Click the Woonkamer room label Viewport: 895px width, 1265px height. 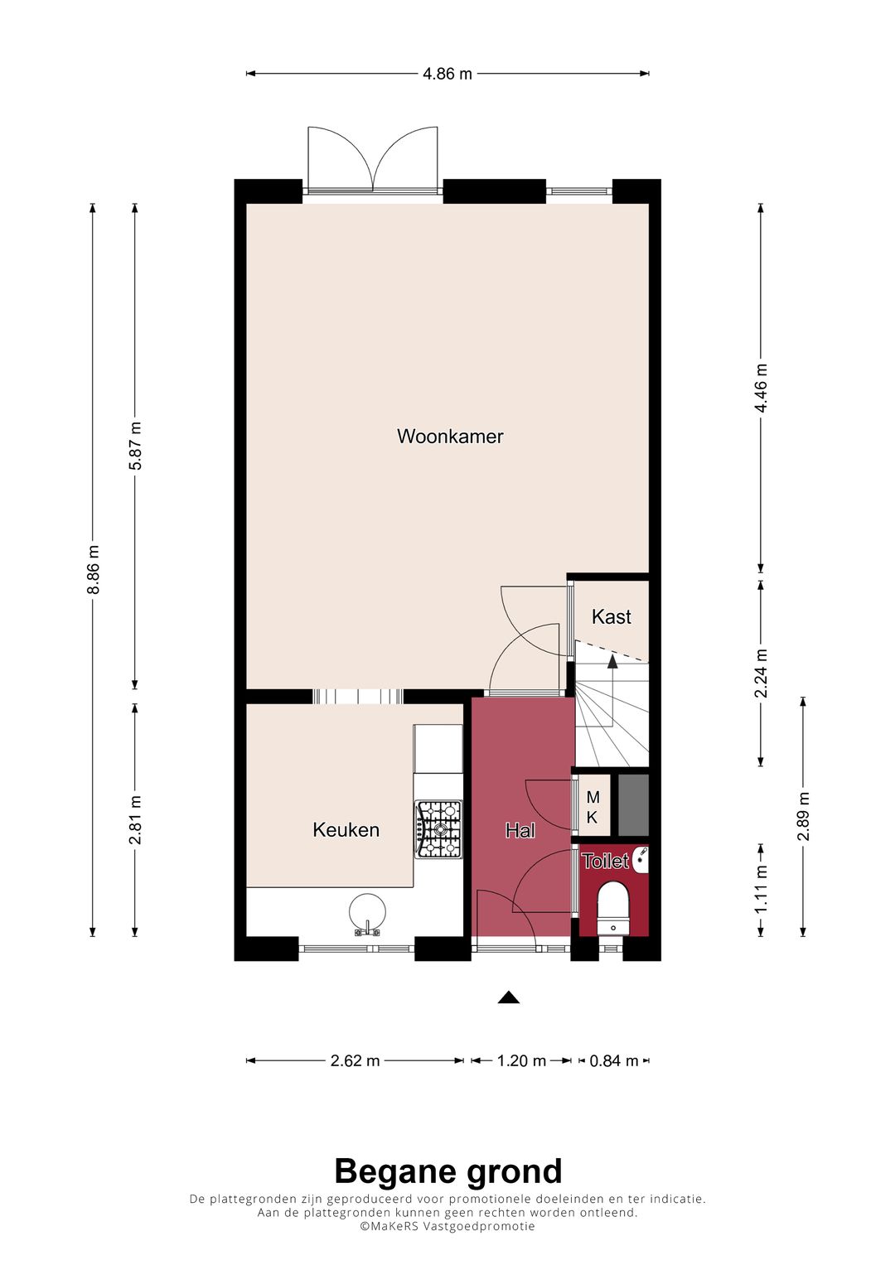[x=450, y=436]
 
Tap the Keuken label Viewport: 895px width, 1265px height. [x=346, y=829]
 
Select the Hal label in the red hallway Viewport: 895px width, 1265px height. [x=520, y=830]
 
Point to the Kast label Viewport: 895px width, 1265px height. [x=612, y=616]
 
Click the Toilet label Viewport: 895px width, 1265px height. [x=605, y=862]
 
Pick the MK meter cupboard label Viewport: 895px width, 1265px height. [x=593, y=807]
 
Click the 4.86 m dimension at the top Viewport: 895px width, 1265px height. [x=447, y=74]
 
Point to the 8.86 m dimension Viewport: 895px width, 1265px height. [x=93, y=569]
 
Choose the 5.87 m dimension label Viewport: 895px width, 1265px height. [x=136, y=446]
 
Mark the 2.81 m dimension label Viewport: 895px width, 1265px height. [x=136, y=819]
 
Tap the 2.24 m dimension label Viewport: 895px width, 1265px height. [x=761, y=673]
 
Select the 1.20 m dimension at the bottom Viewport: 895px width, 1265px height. [x=521, y=1061]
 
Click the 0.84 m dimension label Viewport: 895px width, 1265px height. [x=613, y=1061]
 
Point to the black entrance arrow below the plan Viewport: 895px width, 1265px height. [x=509, y=998]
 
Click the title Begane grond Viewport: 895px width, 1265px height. [x=448, y=1171]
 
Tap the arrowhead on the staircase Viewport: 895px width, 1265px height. [x=612, y=662]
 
